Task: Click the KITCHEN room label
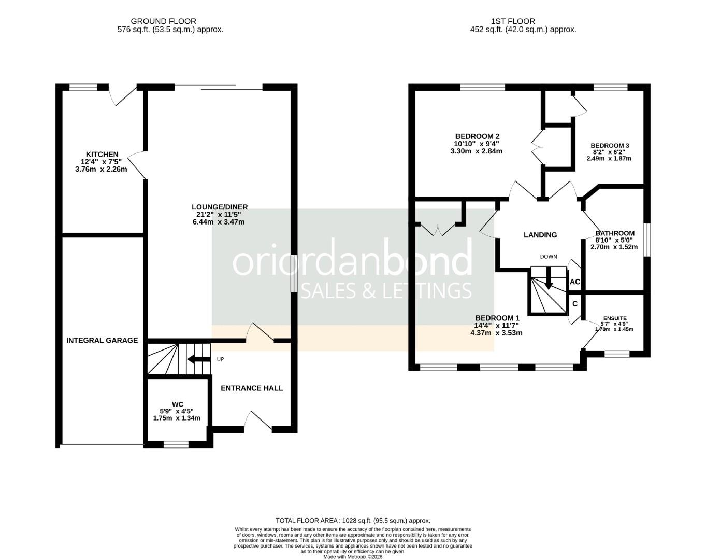(x=102, y=155)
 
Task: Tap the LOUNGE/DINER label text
(x=220, y=206)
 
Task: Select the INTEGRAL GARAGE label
(x=102, y=340)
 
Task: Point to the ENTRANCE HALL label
(x=252, y=388)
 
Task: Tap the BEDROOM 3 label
(x=610, y=146)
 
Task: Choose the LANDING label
(x=540, y=235)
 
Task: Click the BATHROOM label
(x=615, y=233)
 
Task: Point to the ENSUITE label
(x=615, y=318)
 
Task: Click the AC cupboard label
(x=574, y=282)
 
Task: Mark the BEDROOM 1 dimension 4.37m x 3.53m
(x=496, y=333)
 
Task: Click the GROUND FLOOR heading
(x=163, y=21)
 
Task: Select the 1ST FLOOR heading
(x=513, y=21)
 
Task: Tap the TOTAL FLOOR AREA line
(x=353, y=520)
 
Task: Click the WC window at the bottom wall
(x=176, y=444)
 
